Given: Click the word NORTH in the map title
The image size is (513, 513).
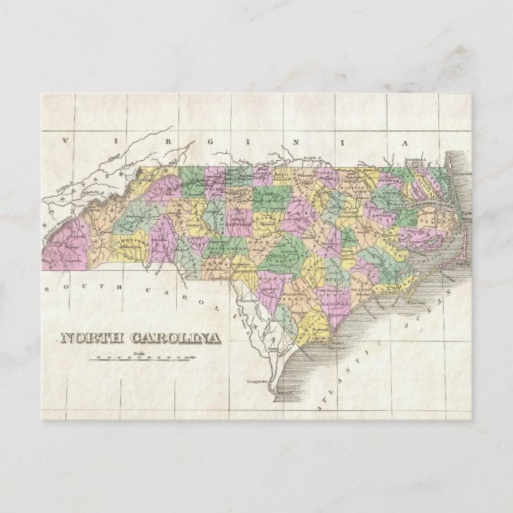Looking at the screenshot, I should point(91,338).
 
